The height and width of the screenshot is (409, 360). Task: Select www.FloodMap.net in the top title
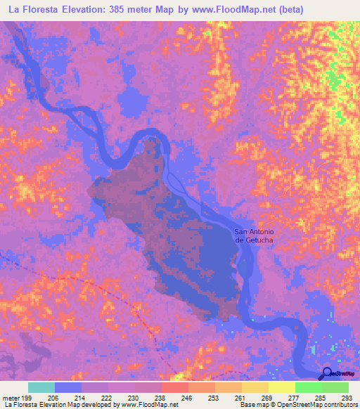(x=253, y=10)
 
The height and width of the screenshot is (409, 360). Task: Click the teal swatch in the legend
(x=41, y=387)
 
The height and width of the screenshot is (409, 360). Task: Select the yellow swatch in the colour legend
(x=281, y=387)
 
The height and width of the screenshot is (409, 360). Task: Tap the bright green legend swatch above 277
(x=308, y=387)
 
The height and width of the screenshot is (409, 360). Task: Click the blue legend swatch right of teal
(x=68, y=387)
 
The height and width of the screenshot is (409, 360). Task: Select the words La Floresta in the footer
(x=22, y=405)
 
